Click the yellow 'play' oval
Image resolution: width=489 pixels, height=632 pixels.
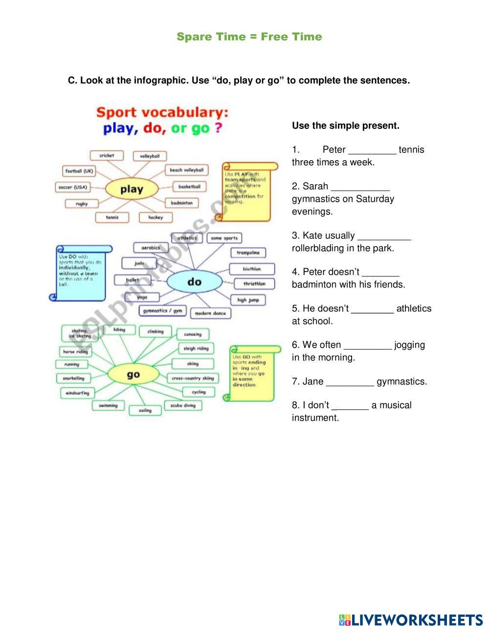coord(132,189)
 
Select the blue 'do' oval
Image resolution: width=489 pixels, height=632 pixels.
coord(194,281)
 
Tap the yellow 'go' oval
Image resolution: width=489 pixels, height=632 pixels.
coord(133,375)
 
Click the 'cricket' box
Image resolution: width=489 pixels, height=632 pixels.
coord(107,155)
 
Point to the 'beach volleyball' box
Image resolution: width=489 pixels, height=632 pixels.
coord(186,170)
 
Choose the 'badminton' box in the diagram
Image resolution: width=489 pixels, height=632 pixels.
coord(182,203)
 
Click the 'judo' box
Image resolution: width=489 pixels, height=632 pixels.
coord(139,263)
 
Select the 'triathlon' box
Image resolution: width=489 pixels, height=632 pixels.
coord(254,283)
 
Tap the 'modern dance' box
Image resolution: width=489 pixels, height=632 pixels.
coord(210,313)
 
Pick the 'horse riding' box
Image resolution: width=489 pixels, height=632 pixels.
coord(75,352)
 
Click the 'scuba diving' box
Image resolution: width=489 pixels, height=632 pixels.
coord(183,405)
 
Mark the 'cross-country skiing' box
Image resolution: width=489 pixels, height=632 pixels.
coord(193,378)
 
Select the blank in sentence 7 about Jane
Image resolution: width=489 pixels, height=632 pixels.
coord(350,382)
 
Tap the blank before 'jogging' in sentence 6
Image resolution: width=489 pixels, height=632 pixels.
coord(368,346)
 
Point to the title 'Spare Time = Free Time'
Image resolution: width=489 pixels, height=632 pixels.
coord(249,37)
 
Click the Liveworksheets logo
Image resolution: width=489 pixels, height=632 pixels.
coord(411,620)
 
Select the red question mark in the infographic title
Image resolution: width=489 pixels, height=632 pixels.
coord(219,128)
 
